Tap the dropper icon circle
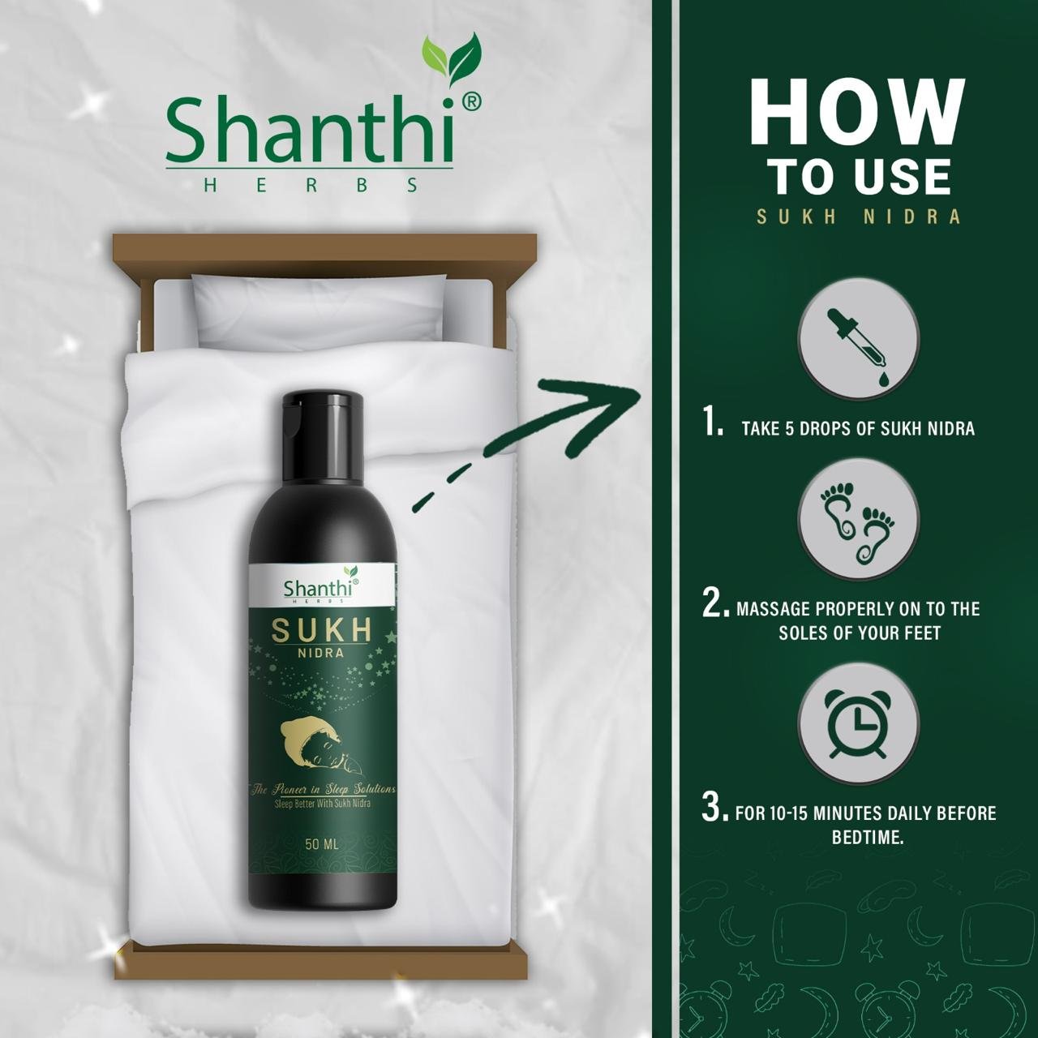coord(859,338)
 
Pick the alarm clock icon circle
coord(859,724)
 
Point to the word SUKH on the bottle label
coord(322,629)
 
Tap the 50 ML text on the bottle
coord(322,844)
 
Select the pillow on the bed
coord(320,312)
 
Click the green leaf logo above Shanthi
coord(453,59)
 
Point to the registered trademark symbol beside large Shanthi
coord(471,102)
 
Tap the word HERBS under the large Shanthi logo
coord(311,186)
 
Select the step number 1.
coord(712,421)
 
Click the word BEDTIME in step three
coord(867,837)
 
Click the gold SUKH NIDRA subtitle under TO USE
coord(859,217)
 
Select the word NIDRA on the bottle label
coord(321,654)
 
